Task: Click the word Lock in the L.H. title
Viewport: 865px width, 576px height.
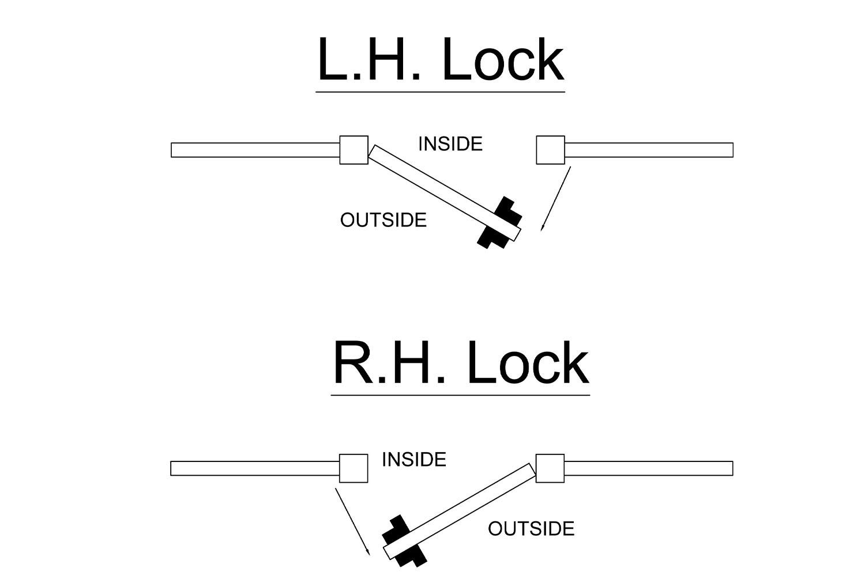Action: click(503, 60)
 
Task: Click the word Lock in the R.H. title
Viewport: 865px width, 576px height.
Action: click(528, 363)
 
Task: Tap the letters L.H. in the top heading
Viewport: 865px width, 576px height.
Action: click(369, 60)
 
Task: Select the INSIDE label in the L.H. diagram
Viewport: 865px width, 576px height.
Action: click(450, 144)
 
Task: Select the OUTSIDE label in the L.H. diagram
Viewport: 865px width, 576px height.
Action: click(383, 220)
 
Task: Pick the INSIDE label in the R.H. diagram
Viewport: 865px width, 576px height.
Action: click(414, 460)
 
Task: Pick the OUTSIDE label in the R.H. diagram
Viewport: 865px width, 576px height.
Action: click(531, 529)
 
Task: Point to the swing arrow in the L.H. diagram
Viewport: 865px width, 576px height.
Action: click(556, 198)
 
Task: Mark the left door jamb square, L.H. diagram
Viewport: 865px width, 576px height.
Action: click(354, 150)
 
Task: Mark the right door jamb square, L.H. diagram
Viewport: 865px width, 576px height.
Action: click(551, 150)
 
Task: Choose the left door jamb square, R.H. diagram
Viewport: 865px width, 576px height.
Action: click(353, 468)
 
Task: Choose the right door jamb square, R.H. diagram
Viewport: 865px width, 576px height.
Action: click(550, 468)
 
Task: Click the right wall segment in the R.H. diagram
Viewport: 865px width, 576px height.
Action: click(648, 468)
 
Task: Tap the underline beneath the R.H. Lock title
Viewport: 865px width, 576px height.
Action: click(460, 395)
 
